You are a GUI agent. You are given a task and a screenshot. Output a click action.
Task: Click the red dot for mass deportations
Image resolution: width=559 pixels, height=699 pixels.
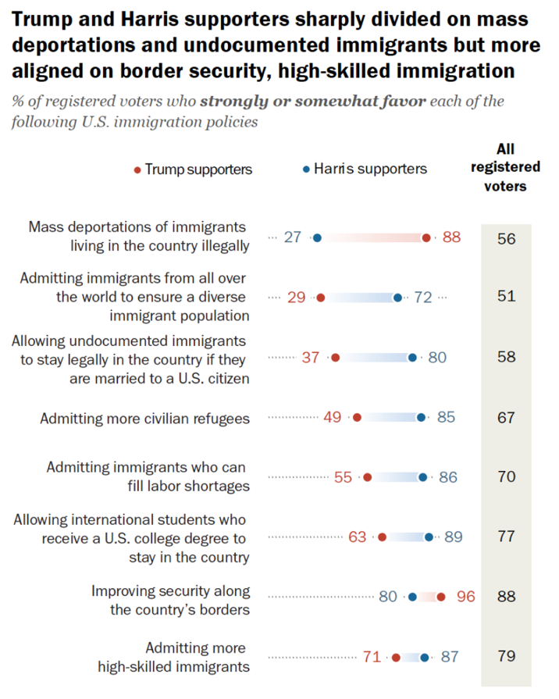tap(426, 237)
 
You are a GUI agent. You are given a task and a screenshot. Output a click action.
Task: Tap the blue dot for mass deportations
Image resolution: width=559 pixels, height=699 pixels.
tap(317, 237)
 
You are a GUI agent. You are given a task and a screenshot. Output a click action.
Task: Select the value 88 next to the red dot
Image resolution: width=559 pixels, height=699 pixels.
tap(451, 237)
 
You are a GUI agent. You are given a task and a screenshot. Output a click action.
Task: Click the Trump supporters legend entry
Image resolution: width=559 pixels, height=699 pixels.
tap(194, 169)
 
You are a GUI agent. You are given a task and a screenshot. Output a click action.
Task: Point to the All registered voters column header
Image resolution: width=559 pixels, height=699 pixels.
tap(505, 167)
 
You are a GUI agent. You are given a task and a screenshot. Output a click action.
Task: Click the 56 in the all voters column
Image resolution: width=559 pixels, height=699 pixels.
tap(506, 239)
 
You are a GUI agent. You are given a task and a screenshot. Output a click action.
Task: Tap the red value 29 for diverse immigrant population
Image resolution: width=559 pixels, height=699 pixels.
tap(297, 298)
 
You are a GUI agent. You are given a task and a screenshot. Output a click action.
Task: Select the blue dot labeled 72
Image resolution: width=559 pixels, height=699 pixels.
tap(397, 298)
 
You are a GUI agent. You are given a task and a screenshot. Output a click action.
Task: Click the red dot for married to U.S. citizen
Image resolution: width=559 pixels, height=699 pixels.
tap(335, 358)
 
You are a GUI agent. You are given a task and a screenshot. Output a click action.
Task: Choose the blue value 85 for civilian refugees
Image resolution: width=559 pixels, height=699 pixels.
tap(446, 417)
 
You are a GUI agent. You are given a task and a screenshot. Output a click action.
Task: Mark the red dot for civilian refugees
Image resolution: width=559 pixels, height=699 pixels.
tap(357, 417)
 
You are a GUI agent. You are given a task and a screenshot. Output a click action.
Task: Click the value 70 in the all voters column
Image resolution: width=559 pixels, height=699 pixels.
tap(506, 476)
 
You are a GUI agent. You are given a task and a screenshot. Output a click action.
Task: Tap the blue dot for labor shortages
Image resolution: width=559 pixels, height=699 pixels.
tap(423, 476)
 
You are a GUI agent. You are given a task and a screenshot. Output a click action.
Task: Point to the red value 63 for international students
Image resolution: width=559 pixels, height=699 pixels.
tap(358, 537)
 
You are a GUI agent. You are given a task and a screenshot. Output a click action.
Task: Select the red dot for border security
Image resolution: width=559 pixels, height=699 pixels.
tap(441, 597)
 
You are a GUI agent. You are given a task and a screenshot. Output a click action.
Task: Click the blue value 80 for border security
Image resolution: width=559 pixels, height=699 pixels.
tap(388, 597)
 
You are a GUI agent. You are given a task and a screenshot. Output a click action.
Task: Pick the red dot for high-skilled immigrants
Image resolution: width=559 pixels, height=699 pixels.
tap(396, 657)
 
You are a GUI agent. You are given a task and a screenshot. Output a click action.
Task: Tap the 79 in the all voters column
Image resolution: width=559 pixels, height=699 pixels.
tap(506, 656)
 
